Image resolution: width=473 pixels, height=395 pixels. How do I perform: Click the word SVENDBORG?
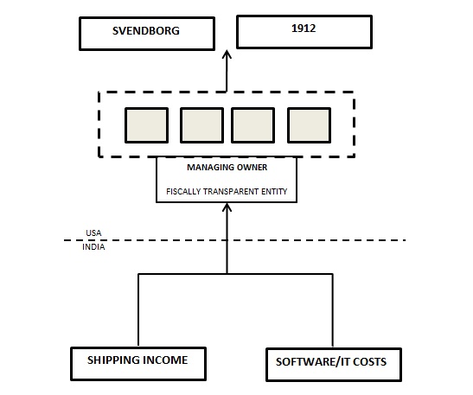point(146,31)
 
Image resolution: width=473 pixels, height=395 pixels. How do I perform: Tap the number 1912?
point(304,29)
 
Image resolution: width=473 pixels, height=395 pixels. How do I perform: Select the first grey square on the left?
point(147,125)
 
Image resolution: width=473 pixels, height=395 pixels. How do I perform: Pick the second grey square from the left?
point(201,125)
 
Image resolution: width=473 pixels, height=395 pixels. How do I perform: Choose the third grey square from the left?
point(252,125)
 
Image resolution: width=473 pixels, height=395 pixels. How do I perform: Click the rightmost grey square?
point(310,125)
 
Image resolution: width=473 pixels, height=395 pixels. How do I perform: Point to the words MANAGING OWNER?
point(227,168)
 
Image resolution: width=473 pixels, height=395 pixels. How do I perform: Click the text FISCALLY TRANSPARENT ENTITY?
point(227,192)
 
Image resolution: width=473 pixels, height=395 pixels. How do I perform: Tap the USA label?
point(93,233)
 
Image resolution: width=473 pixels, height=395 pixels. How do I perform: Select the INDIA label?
point(93,247)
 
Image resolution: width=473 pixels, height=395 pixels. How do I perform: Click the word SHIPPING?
point(112,360)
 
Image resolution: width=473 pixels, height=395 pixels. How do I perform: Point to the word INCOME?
point(164,360)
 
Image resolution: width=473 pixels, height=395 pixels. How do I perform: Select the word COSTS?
point(369,362)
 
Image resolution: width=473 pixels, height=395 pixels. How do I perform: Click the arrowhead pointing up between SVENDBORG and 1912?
point(227,54)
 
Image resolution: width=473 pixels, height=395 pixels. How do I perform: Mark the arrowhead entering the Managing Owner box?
point(227,207)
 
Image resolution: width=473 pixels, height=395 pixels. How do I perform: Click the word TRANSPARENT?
point(227,192)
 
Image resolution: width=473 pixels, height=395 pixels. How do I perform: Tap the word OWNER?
point(252,168)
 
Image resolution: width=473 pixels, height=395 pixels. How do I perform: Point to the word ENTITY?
point(270,192)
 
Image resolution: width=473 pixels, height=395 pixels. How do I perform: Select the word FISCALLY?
point(183,192)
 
